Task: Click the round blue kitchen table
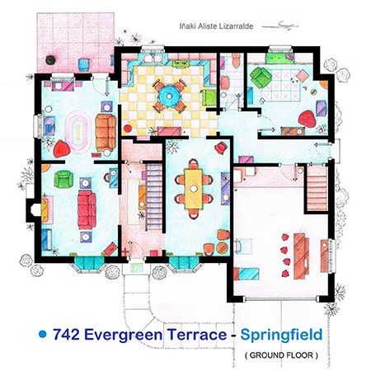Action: [169, 96]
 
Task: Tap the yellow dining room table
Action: [194, 189]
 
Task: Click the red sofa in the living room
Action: [87, 209]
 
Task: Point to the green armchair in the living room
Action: [63, 179]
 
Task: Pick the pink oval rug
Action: [78, 132]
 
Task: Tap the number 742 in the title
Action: [66, 335]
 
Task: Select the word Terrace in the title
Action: [197, 335]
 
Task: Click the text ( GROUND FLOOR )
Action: [281, 355]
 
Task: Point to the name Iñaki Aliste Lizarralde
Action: [216, 26]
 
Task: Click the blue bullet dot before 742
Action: [43, 334]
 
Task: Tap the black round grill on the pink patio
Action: [50, 60]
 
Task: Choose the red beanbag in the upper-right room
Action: [307, 119]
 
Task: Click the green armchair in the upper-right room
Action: [261, 77]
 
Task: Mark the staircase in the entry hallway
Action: [154, 197]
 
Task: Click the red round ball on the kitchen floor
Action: [128, 129]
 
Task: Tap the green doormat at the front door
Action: [137, 267]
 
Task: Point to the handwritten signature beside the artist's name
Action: [280, 26]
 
